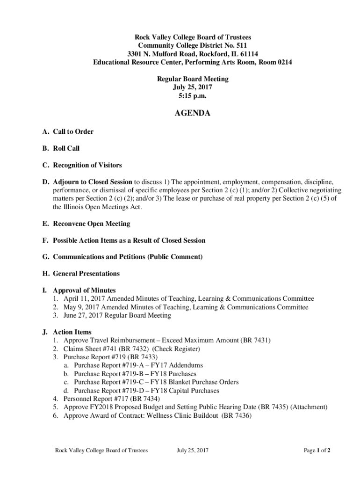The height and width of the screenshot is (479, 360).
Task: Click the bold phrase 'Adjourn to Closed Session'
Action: point(93,182)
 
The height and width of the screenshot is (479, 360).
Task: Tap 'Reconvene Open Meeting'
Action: point(91,224)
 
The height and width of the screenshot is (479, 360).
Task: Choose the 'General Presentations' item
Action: point(86,273)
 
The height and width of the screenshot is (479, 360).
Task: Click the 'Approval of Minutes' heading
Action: point(84,290)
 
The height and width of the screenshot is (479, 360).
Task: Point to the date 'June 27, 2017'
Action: point(83,315)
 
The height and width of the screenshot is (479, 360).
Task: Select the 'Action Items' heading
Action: point(72,332)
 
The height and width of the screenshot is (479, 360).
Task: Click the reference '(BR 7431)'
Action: point(256,340)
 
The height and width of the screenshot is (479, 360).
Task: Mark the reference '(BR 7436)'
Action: point(237,415)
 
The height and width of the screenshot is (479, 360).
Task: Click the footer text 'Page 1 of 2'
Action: point(317,450)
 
